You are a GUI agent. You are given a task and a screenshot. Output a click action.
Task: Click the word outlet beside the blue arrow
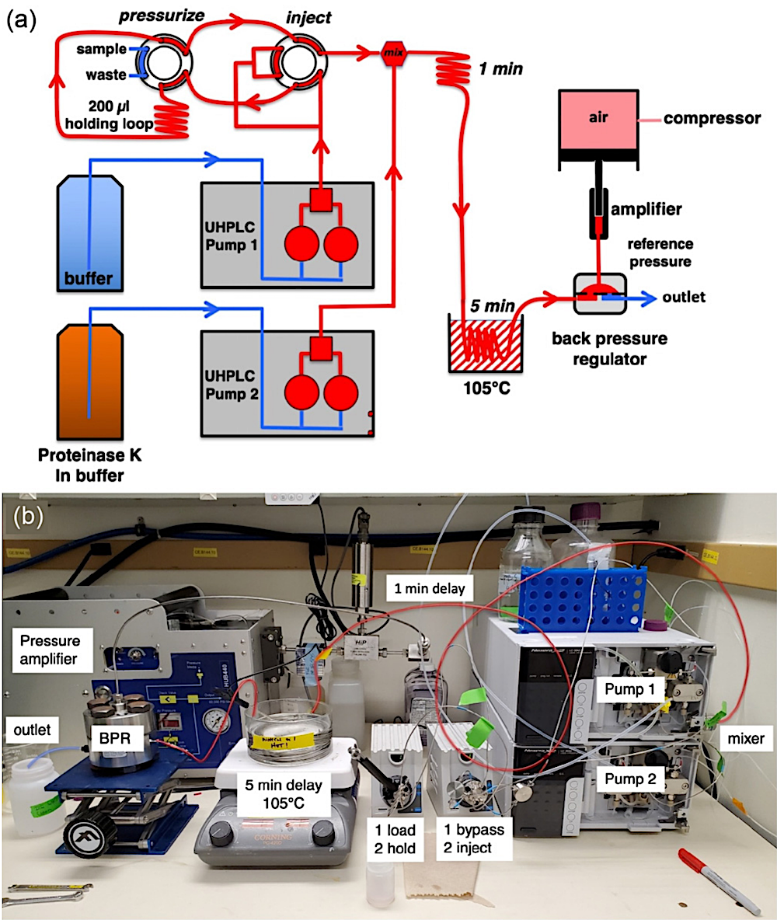(684, 298)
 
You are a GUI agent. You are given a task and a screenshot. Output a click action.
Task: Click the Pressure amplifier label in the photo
(54, 650)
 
